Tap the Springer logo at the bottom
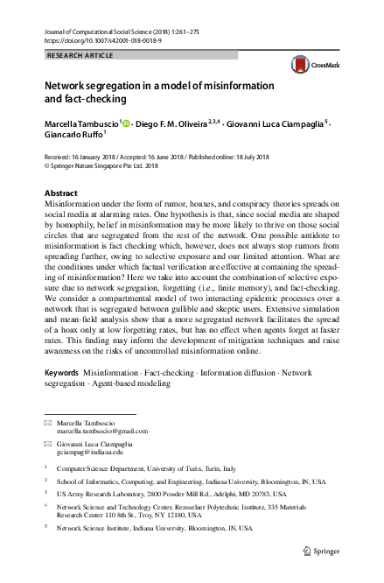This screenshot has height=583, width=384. (x=321, y=551)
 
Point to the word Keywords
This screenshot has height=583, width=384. (x=61, y=372)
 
